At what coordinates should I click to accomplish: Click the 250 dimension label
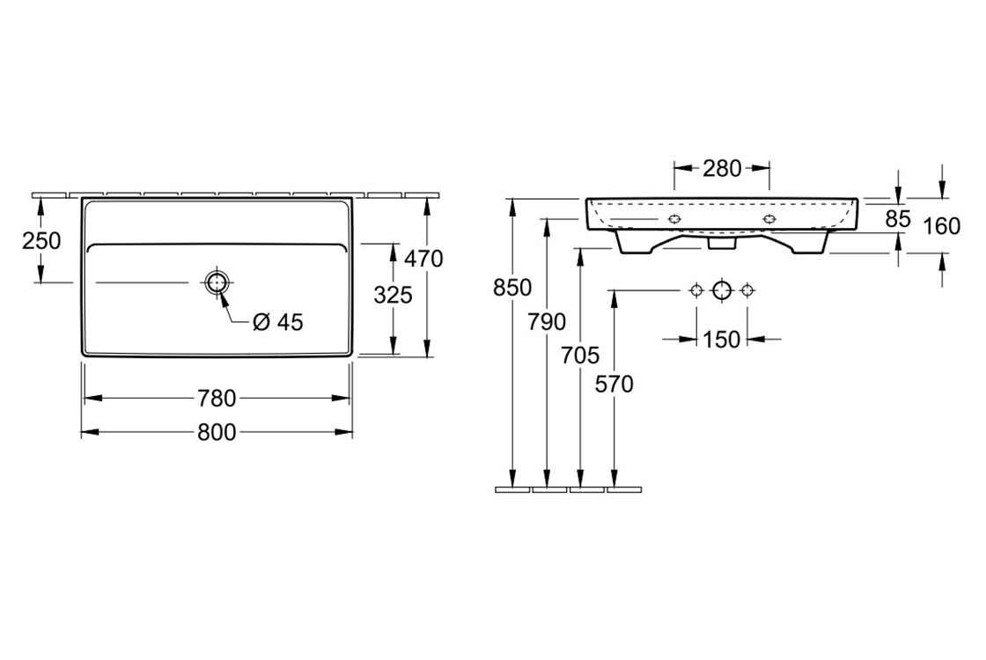[x=41, y=241]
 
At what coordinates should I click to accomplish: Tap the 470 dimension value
[x=423, y=259]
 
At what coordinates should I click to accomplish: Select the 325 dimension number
[x=393, y=294]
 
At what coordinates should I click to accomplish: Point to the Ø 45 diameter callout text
[x=278, y=322]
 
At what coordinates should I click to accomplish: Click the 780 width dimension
[x=217, y=399]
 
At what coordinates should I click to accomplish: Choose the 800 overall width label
[x=217, y=432]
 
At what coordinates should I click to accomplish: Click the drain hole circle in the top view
[x=217, y=282]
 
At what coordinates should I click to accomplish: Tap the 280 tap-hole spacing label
[x=723, y=168]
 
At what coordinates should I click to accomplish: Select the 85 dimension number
[x=898, y=219]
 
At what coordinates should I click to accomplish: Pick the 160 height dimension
[x=942, y=226]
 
